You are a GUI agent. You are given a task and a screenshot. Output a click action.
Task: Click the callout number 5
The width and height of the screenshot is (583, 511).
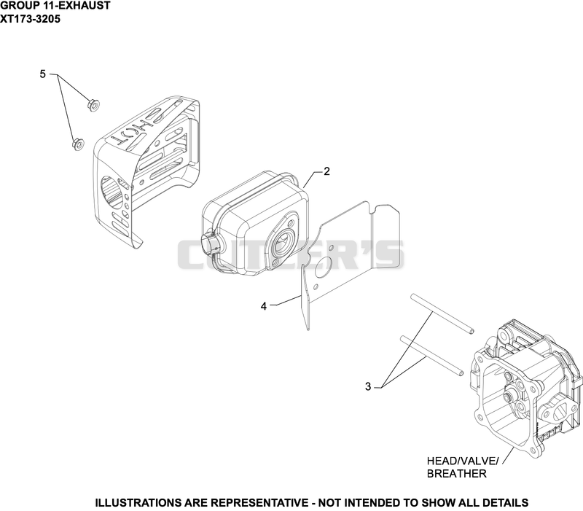point(43,74)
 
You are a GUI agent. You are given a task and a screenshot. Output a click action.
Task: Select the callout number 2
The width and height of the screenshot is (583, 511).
point(326,171)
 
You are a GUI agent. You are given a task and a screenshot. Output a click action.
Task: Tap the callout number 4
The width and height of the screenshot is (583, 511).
point(264,306)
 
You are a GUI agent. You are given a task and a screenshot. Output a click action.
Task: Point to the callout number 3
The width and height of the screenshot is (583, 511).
point(368,387)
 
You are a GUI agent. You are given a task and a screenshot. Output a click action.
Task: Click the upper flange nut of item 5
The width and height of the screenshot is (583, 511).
point(93,105)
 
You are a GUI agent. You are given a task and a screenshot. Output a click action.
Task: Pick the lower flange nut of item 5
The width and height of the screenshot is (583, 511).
point(78,144)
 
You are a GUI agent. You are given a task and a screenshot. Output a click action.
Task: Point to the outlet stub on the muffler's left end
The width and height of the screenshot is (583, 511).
point(210,245)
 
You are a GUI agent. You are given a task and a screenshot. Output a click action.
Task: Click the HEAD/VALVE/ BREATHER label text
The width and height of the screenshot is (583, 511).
point(463,467)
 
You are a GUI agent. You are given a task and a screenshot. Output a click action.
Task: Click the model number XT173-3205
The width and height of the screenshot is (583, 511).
point(30,19)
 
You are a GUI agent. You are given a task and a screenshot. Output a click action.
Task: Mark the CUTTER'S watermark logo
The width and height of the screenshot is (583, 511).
point(291,254)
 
